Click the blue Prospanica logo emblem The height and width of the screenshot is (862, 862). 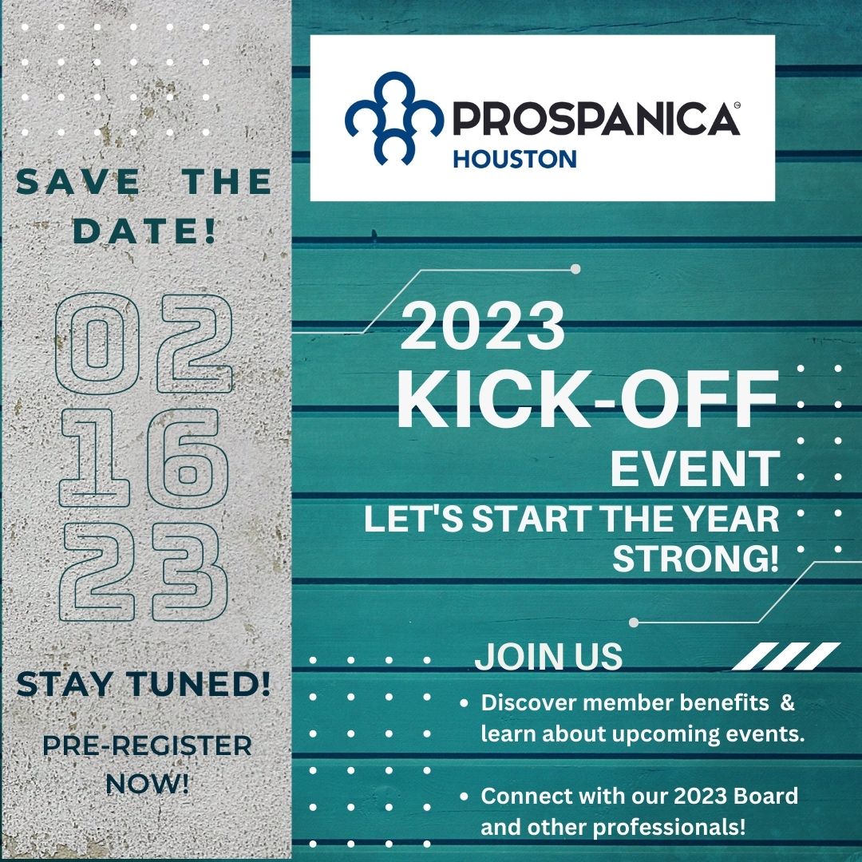pos(394,119)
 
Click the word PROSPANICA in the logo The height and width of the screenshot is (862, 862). pos(596,119)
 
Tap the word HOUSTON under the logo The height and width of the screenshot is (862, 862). pos(515,160)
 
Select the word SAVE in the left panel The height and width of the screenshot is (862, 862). pos(78,182)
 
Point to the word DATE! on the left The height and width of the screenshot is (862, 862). pos(144,231)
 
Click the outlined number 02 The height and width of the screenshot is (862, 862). pos(144,343)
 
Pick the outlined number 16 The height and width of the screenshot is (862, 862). pos(144,458)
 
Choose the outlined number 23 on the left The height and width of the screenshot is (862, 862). pos(144,571)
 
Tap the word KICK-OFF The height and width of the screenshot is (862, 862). pos(587,399)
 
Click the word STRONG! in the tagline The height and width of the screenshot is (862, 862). pos(696,559)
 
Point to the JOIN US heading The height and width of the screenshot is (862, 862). pos(548,656)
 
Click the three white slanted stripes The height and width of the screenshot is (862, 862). pos(786,656)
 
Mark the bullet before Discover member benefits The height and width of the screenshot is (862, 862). pos(464,703)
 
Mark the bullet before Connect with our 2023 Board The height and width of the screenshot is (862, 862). pos(464,796)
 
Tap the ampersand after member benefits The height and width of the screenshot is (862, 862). pos(787,702)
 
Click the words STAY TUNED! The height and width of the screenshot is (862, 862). pos(144,685)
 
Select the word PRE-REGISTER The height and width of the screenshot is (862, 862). pos(147,746)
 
